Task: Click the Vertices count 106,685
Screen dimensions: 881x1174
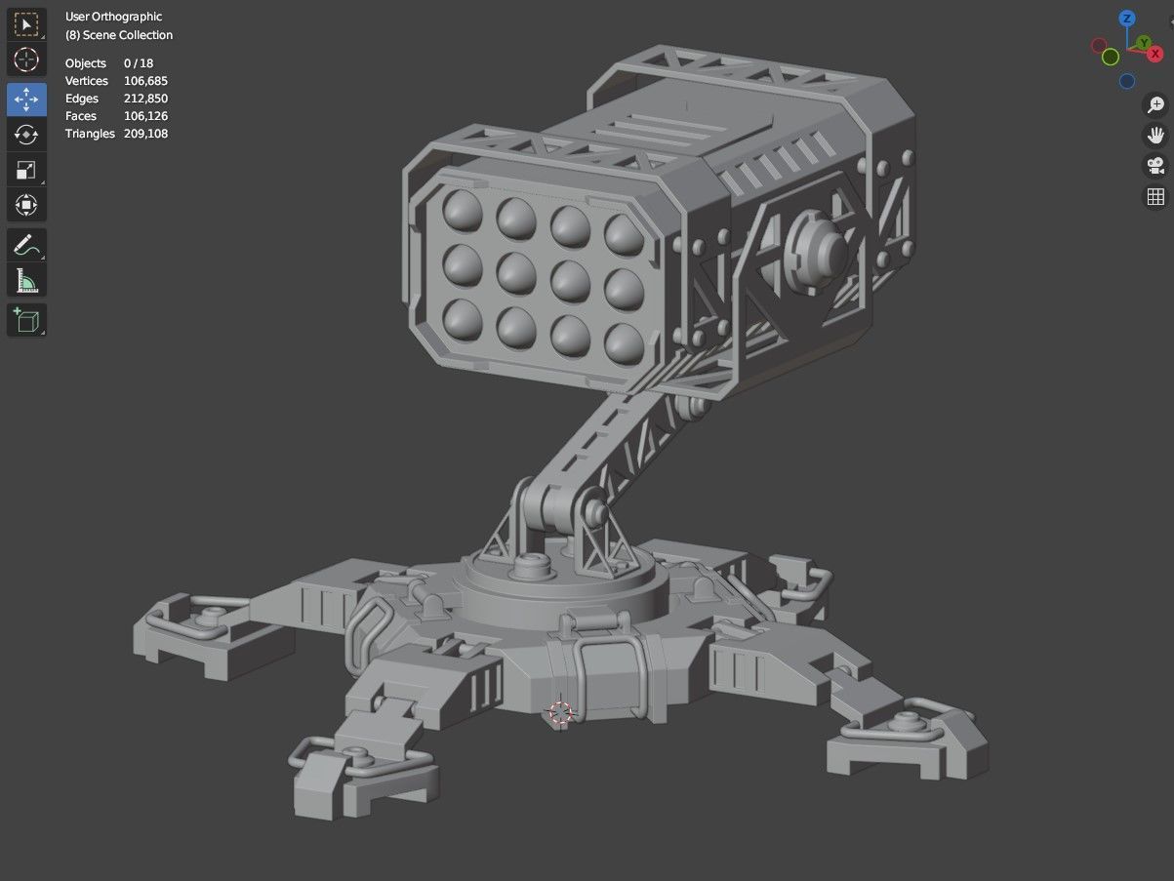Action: [145, 81]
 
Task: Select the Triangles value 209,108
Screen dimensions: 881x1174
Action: [145, 134]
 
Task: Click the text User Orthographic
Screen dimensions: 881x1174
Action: [113, 17]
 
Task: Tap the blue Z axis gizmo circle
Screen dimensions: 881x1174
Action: [1127, 19]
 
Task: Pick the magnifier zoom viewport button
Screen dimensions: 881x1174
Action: [1155, 105]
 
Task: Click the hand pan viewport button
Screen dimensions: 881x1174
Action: [1155, 136]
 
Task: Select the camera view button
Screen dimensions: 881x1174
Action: [1155, 166]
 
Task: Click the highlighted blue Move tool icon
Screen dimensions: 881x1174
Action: [26, 100]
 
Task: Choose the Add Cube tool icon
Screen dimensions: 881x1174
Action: [26, 320]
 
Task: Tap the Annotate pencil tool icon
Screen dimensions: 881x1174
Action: [26, 244]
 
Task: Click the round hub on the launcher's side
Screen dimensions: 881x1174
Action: [818, 251]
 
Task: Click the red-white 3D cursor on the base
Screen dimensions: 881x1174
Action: [560, 713]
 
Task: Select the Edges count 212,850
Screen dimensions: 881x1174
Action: [145, 99]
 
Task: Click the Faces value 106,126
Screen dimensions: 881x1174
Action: [145, 116]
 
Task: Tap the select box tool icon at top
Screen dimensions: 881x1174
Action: [26, 23]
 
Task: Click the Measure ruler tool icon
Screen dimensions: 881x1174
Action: [26, 282]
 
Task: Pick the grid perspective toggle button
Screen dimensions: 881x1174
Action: [1155, 197]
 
